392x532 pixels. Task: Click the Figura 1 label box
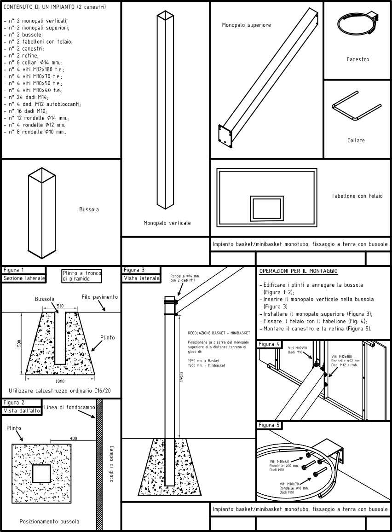(23, 270)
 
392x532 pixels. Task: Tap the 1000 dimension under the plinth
(60, 381)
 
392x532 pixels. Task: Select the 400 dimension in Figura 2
(73, 438)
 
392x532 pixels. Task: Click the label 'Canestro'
(357, 59)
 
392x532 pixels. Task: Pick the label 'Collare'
(356, 140)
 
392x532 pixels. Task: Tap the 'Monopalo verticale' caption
(167, 223)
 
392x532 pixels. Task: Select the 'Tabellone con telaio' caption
(357, 196)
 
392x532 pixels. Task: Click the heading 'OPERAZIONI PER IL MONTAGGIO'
(299, 271)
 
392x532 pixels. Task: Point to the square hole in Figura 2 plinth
(41, 474)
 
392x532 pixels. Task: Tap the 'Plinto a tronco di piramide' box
(81, 276)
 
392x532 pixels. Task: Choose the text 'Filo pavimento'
(99, 297)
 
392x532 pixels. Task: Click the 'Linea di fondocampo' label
(69, 407)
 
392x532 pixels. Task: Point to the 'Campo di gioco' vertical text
(111, 463)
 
